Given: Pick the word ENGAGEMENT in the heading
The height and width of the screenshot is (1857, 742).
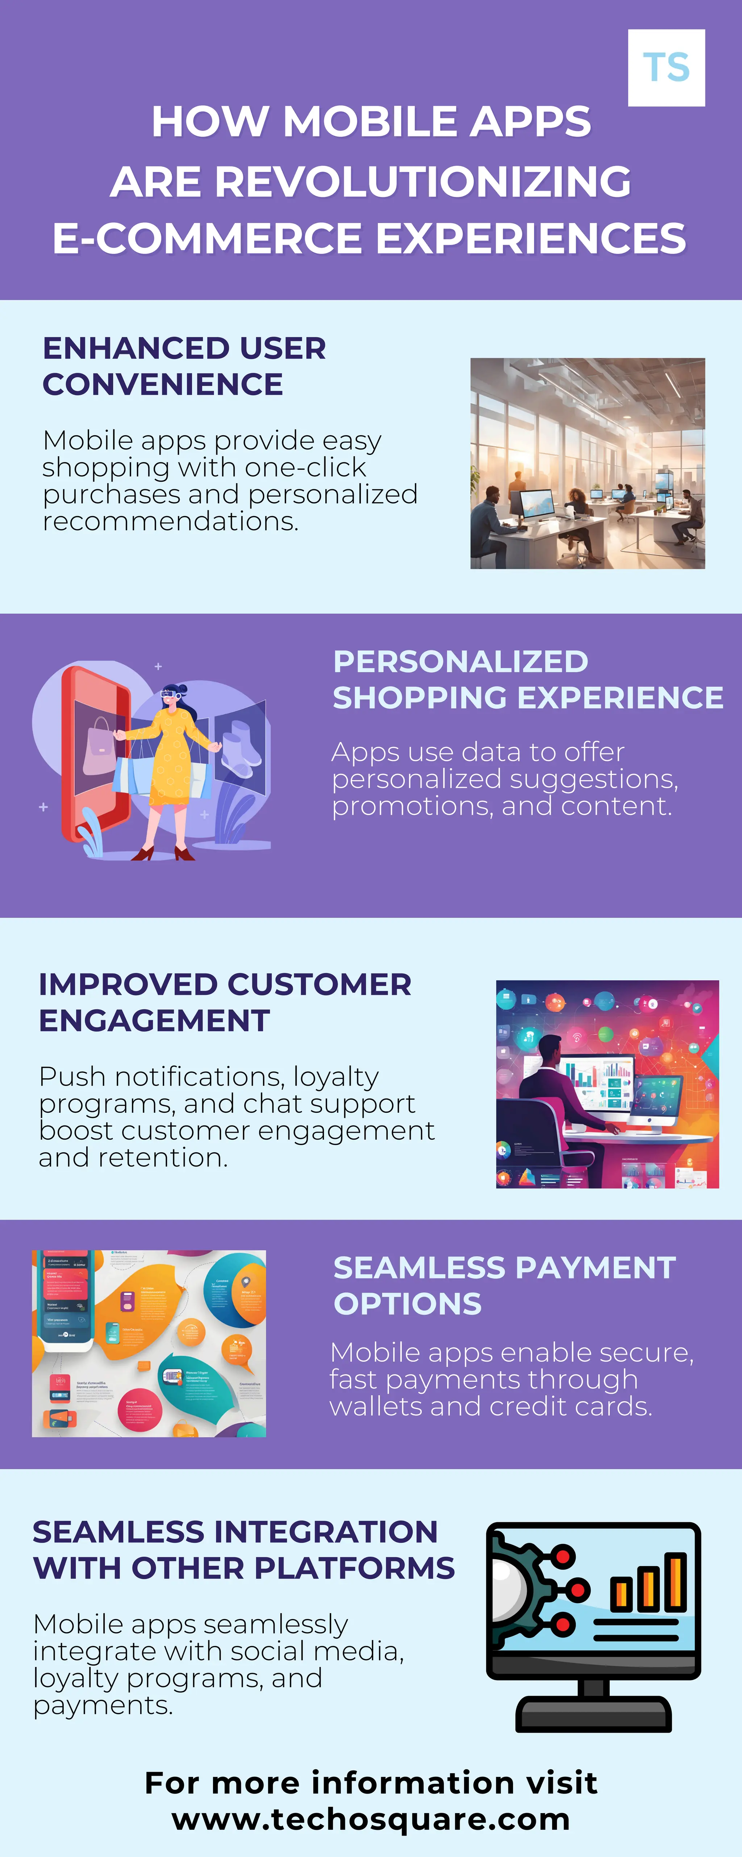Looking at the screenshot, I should click(154, 1021).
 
